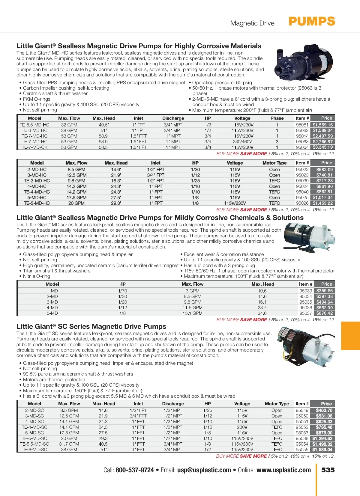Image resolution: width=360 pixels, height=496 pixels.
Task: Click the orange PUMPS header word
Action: click(x=312, y=22)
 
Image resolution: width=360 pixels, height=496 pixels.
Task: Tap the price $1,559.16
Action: click(x=322, y=125)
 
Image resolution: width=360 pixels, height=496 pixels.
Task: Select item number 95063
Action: click(x=302, y=142)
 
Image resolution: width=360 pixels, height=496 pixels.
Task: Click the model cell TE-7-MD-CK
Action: click(x=34, y=147)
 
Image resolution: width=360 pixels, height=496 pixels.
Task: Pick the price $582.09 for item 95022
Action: click(x=324, y=170)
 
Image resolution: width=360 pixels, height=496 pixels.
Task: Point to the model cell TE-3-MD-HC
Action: click(x=37, y=181)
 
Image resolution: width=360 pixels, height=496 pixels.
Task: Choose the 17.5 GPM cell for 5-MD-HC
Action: click(x=76, y=198)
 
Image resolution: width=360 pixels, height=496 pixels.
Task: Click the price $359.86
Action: click(x=324, y=291)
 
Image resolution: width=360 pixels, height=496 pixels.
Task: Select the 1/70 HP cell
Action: click(x=122, y=291)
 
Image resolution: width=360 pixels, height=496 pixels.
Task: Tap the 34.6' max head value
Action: click(x=262, y=313)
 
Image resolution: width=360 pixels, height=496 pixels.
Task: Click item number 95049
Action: click(x=302, y=410)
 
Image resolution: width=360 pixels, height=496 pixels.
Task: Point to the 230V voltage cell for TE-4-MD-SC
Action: click(x=242, y=427)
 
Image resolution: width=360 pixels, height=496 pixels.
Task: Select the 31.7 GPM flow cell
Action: click(x=69, y=444)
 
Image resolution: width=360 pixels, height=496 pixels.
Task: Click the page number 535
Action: click(x=328, y=470)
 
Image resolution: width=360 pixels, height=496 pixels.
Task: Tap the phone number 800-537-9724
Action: click(x=135, y=470)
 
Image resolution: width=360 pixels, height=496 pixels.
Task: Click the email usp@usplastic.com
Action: click(x=204, y=470)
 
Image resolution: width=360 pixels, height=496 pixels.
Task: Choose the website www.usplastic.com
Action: click(x=283, y=470)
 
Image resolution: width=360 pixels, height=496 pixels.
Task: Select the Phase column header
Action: click(x=277, y=118)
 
